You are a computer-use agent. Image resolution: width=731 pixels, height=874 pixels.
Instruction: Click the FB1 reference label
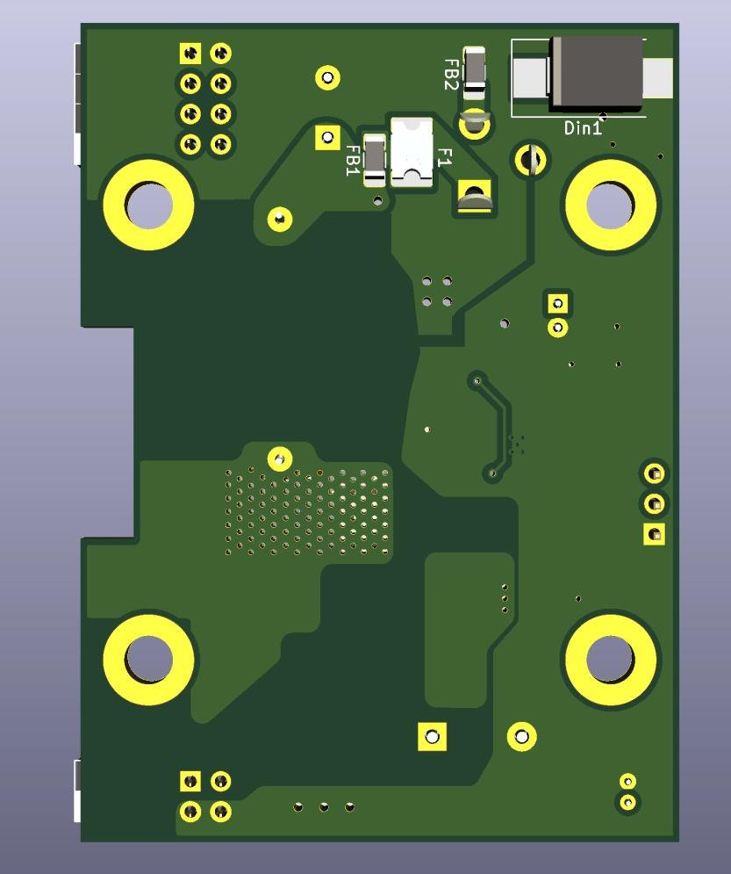[x=353, y=161]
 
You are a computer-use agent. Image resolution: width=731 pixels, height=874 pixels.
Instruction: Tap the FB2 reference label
[x=452, y=75]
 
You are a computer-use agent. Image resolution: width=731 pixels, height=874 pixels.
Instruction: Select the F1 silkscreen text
[x=444, y=158]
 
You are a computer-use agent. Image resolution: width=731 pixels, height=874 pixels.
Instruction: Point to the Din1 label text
[x=583, y=128]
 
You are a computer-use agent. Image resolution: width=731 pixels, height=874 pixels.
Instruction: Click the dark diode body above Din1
[x=596, y=72]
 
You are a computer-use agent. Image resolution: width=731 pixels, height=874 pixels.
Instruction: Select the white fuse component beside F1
[x=412, y=152]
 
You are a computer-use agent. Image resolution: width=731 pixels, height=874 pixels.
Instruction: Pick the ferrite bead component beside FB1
[x=374, y=160]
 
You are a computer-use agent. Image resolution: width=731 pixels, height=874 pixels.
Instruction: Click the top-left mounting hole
[x=148, y=205]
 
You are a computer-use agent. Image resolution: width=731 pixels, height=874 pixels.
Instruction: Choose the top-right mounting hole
[x=611, y=205]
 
